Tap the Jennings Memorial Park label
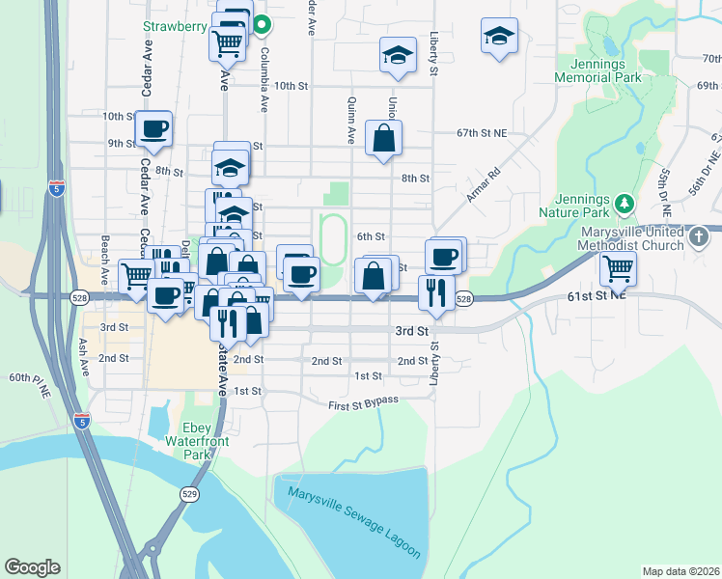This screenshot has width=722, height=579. pyautogui.click(x=598, y=69)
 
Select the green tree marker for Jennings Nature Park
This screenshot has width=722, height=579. pyautogui.click(x=625, y=203)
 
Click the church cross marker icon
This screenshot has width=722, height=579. pyautogui.click(x=699, y=235)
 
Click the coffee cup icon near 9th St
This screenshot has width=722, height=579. pyautogui.click(x=153, y=128)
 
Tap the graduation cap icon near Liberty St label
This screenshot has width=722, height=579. pyautogui.click(x=396, y=55)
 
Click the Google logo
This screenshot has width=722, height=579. pyautogui.click(x=32, y=567)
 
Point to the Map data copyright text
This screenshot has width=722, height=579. pyautogui.click(x=680, y=571)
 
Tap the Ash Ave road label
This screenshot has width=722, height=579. pyautogui.click(x=84, y=356)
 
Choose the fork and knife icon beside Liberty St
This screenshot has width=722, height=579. pyautogui.click(x=435, y=292)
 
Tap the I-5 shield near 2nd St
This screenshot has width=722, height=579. pyautogui.click(x=84, y=422)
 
